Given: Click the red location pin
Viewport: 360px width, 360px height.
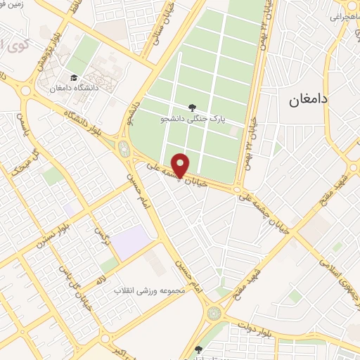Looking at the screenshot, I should pyautogui.click(x=181, y=165).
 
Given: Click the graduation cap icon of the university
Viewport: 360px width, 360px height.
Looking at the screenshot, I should pyautogui.click(x=74, y=78).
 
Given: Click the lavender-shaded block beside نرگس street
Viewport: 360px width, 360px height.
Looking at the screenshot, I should pyautogui.click(x=131, y=243).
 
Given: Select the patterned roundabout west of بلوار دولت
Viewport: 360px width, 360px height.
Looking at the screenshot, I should pyautogui.click(x=214, y=310).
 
